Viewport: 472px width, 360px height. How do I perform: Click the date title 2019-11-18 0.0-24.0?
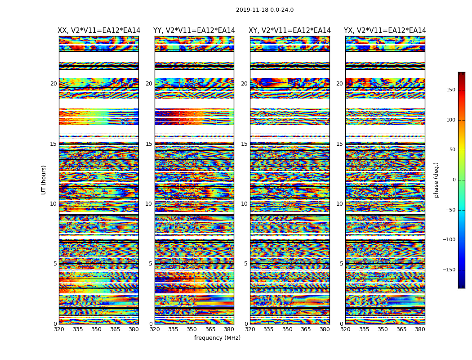264,10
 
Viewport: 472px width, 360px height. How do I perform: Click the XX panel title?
99,31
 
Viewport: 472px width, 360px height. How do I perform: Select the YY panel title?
194,31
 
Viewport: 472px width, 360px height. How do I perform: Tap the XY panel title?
290,31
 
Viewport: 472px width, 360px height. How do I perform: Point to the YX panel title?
385,31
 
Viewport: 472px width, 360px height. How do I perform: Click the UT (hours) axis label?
44,180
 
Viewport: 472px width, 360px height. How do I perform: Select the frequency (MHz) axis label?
217,338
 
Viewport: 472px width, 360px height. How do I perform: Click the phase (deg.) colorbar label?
436,180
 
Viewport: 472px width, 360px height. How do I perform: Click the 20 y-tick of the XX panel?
53,84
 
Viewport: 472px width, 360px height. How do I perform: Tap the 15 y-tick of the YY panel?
149,144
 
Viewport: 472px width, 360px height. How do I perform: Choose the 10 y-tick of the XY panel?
244,204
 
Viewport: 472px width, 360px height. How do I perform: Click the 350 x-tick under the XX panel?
96,329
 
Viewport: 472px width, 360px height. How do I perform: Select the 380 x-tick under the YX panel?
420,329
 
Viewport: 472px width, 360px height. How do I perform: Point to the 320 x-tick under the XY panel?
250,329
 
